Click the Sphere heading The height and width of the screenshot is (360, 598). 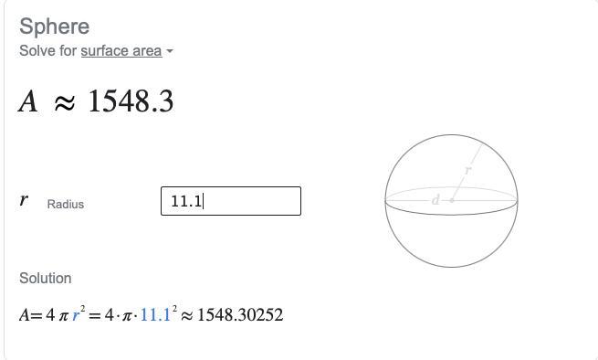click(54, 26)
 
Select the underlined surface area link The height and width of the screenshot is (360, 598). click(121, 51)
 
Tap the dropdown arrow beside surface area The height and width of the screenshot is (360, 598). click(170, 51)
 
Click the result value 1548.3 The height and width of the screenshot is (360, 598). click(131, 101)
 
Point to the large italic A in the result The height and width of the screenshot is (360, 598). click(27, 101)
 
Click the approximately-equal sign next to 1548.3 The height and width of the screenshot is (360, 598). click(65, 103)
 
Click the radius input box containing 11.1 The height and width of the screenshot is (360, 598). click(231, 201)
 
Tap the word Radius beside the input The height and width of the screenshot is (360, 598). click(66, 205)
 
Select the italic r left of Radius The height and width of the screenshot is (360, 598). click(24, 200)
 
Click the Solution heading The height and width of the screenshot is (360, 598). click(46, 278)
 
